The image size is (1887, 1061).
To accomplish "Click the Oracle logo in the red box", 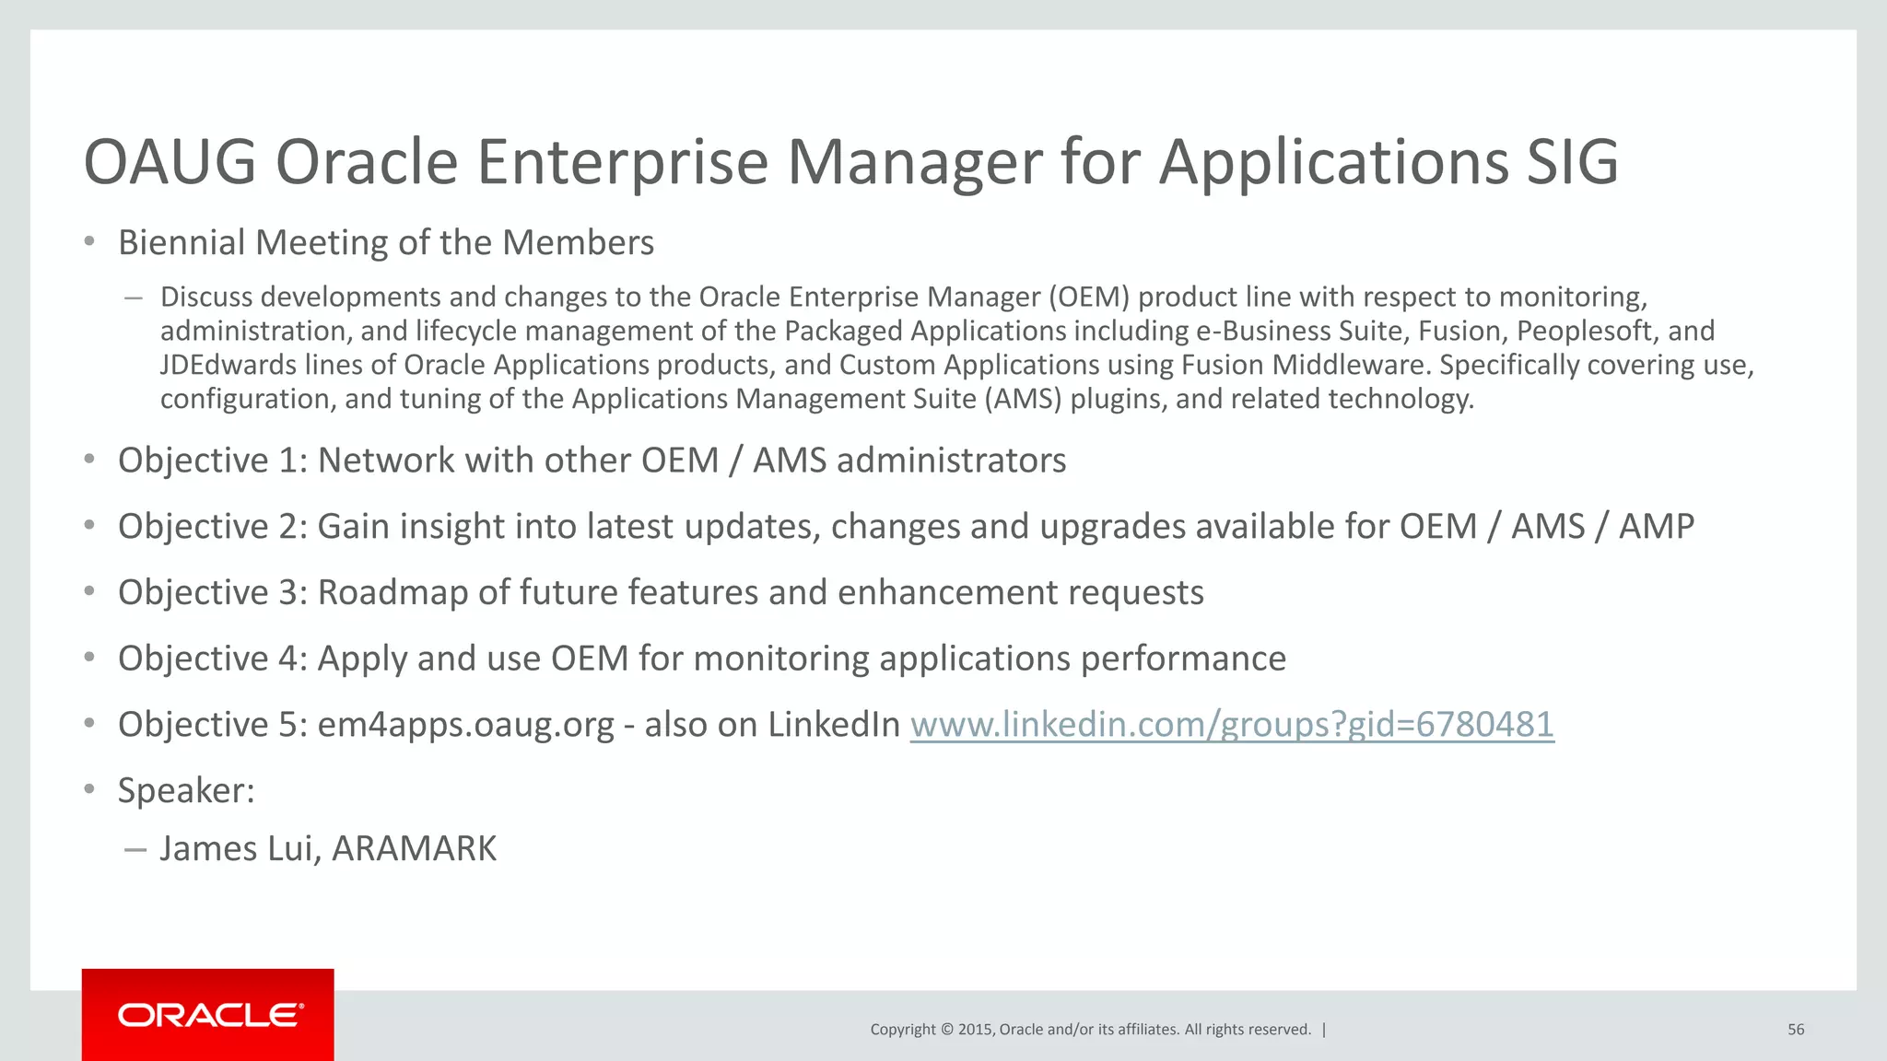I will (210, 1015).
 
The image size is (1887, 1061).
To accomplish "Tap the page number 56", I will (1796, 1030).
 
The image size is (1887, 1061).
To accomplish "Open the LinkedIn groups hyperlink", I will (1232, 725).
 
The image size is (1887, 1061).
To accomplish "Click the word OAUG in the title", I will (170, 162).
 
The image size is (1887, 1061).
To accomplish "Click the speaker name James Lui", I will (240, 848).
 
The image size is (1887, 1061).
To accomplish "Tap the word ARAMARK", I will (414, 848).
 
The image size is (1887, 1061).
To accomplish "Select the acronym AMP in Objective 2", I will (1656, 527).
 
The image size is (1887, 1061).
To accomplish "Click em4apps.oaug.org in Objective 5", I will (465, 726).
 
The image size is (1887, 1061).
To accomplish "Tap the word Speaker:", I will (186, 791).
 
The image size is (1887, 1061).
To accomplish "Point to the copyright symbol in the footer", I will (946, 1030).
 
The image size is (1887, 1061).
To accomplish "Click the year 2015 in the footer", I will (975, 1030).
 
